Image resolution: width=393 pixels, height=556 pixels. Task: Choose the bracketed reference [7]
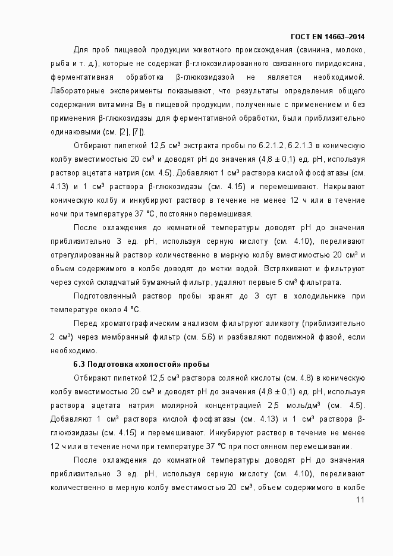coord(137,132)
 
